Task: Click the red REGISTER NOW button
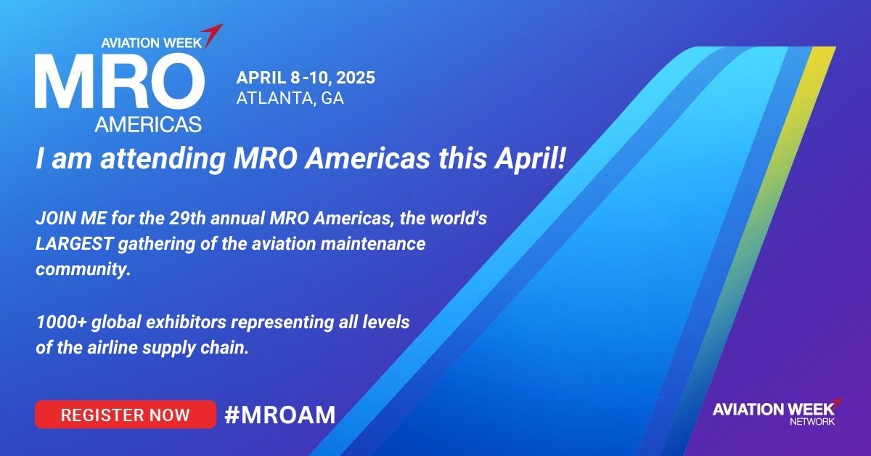tap(125, 415)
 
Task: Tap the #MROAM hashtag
tap(279, 415)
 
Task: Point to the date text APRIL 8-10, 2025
tap(306, 78)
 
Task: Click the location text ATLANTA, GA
tap(290, 99)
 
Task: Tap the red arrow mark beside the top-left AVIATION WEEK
tap(212, 35)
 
